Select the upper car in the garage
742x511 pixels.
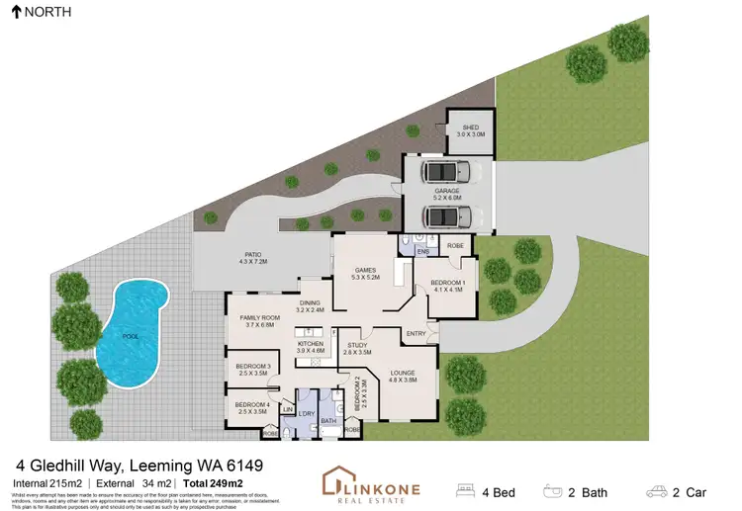pos(446,173)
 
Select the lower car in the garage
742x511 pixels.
pos(446,216)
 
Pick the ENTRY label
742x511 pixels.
pos(416,333)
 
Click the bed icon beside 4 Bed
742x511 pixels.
pos(465,489)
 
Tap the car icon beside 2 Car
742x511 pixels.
pos(656,489)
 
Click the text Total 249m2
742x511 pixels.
pos(212,481)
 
